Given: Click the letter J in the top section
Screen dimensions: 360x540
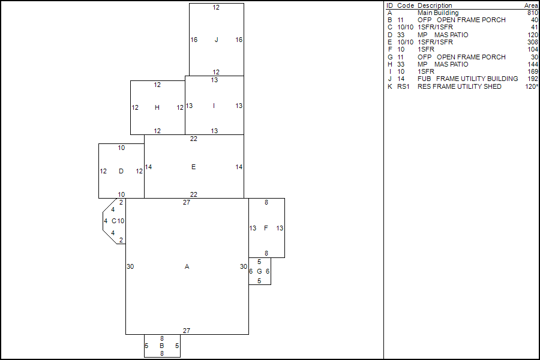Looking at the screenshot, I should tap(216, 40).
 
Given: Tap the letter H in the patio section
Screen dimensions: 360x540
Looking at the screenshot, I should tap(157, 108).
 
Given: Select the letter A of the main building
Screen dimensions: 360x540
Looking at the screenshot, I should tap(187, 266).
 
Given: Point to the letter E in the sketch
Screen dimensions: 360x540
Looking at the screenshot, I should tap(193, 167).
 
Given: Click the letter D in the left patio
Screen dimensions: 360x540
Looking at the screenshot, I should tap(121, 171).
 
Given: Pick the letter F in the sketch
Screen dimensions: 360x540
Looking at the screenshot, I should tap(266, 228).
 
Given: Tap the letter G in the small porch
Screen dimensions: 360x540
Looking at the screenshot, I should tap(259, 271).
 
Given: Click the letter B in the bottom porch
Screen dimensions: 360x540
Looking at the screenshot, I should tap(161, 346).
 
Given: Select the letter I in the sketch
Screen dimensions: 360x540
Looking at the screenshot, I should tap(214, 106).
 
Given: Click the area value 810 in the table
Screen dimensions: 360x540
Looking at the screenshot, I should tap(532, 13).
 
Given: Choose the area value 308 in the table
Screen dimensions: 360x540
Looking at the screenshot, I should tap(532, 42).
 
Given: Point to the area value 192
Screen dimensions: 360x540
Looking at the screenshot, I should tap(532, 79).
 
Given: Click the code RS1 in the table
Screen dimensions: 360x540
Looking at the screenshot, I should tap(403, 86).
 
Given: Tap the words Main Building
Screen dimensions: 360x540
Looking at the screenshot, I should tap(438, 13).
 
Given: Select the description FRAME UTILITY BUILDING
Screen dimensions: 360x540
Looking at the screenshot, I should tap(477, 79).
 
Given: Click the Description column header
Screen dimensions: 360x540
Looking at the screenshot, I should tap(434, 5).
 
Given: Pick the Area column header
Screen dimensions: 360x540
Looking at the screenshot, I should tap(531, 5).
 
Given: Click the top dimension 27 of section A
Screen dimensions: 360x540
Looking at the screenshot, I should tap(187, 202).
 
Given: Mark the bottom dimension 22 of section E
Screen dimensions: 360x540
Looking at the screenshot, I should tap(194, 194).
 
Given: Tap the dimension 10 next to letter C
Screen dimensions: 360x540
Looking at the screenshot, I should tap(121, 221).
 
